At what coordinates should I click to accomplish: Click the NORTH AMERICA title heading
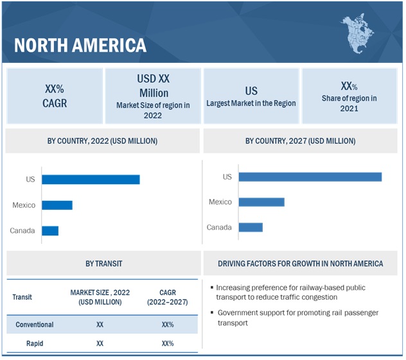[80, 46]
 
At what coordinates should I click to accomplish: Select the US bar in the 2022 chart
[91, 180]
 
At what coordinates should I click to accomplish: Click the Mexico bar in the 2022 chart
[57, 205]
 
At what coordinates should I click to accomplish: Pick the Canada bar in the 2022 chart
[50, 230]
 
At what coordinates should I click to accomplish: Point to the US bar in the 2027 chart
[310, 177]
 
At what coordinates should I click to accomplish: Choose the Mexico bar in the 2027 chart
[261, 202]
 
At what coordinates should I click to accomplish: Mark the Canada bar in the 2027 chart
[251, 227]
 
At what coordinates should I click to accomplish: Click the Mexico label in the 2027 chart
[220, 202]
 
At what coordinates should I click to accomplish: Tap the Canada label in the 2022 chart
[22, 230]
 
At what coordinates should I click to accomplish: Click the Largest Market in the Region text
[251, 103]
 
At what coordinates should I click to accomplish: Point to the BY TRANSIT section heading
[103, 264]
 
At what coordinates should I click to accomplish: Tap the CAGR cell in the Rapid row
[168, 343]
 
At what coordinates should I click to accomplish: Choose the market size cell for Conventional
[100, 325]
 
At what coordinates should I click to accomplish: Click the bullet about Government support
[296, 318]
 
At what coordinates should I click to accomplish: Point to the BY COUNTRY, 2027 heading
[300, 141]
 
